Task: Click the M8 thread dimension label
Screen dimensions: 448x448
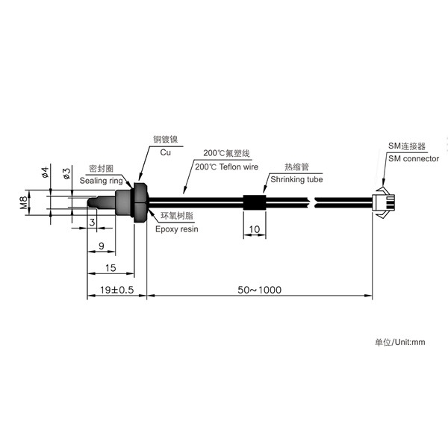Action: pyautogui.click(x=24, y=202)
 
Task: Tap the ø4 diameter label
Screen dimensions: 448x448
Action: pyautogui.click(x=45, y=172)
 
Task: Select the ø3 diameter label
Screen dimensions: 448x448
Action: pyautogui.click(x=66, y=173)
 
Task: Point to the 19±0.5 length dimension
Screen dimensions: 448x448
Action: pyautogui.click(x=117, y=290)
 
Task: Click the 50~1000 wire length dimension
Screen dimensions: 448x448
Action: pyautogui.click(x=259, y=290)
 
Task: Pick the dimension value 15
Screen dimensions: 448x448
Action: pyautogui.click(x=111, y=268)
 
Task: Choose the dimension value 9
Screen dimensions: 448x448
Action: pyautogui.click(x=102, y=246)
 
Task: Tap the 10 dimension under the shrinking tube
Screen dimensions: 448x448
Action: pyautogui.click(x=255, y=229)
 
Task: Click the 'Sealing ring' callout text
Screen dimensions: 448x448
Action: pyautogui.click(x=101, y=181)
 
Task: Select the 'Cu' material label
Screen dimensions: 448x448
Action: pyautogui.click(x=166, y=152)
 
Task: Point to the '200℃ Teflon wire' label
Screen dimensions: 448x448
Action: pyautogui.click(x=226, y=167)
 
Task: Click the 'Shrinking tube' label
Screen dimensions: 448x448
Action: pyautogui.click(x=296, y=179)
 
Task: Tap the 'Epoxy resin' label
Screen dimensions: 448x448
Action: pyautogui.click(x=176, y=229)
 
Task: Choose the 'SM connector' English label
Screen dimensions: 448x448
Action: pyautogui.click(x=414, y=158)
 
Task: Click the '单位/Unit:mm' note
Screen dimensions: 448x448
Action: pyautogui.click(x=400, y=342)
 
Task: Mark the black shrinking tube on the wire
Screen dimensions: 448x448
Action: pyautogui.click(x=255, y=202)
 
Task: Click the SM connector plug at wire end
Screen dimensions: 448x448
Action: pyautogui.click(x=384, y=202)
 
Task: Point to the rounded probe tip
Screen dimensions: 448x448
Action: pyautogui.click(x=91, y=202)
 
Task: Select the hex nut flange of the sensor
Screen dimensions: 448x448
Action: pyautogui.click(x=140, y=202)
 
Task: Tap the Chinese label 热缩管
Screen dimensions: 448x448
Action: pyautogui.click(x=297, y=167)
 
